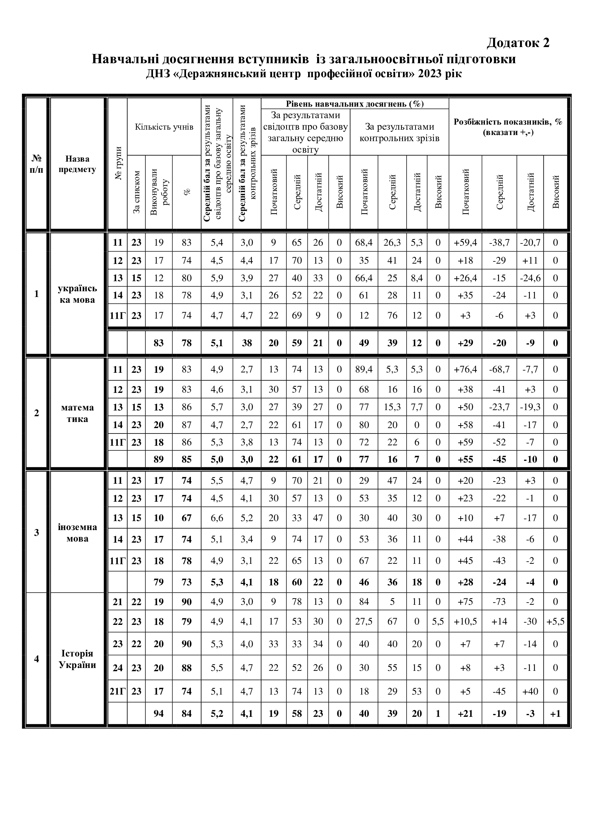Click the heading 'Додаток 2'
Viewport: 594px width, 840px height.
(518, 43)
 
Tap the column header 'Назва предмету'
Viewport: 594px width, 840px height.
(77, 164)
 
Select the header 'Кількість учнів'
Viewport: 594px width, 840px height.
(164, 127)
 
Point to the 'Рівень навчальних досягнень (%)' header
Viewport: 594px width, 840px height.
(354, 104)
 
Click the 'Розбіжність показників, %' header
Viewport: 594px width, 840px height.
(508, 126)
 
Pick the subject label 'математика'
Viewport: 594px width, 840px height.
(77, 413)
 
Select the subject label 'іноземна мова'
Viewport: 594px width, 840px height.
(77, 533)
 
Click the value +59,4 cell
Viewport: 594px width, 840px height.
(465, 242)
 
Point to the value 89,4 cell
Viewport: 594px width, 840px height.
(363, 369)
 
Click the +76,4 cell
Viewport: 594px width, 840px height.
(465, 369)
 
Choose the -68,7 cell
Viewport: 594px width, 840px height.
(499, 369)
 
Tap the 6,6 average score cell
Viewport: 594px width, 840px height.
(217, 518)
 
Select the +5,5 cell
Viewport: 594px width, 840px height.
(555, 622)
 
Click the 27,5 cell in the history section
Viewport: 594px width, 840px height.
(363, 622)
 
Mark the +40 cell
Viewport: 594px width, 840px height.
(530, 691)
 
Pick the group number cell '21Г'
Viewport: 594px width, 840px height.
(117, 691)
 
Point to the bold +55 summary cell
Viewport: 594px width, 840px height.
(465, 459)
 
